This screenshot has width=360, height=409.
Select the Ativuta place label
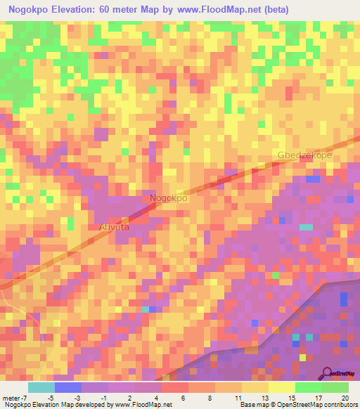click(x=110, y=228)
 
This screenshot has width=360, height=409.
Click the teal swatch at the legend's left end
click(x=41, y=387)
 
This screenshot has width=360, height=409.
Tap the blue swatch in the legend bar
click(x=67, y=387)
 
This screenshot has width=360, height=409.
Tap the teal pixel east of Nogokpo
click(x=306, y=227)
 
